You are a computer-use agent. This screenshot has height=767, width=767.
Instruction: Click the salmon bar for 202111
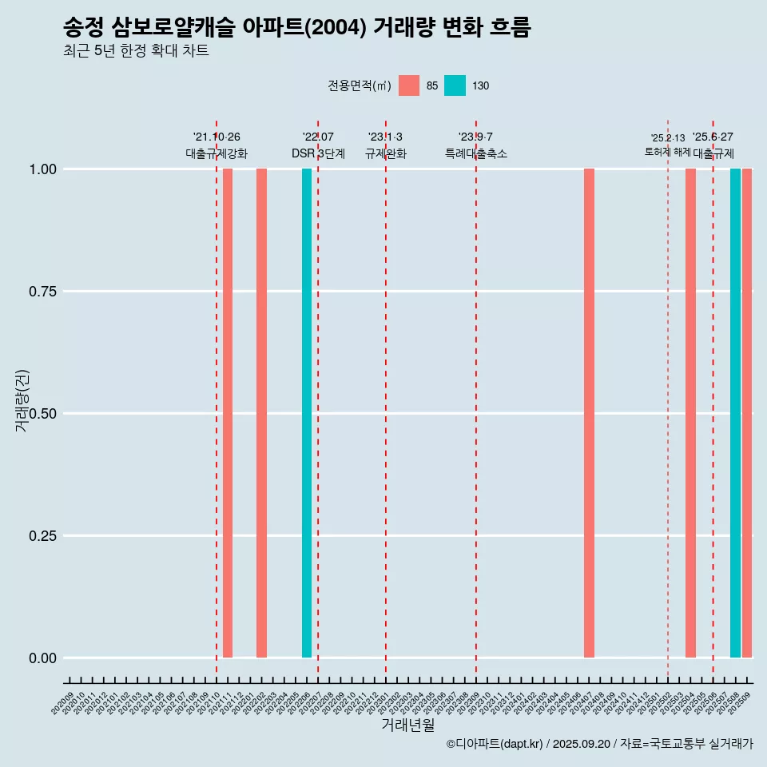[228, 413]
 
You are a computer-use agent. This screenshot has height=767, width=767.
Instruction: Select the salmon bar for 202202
[261, 413]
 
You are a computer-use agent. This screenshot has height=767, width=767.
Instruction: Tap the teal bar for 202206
[307, 413]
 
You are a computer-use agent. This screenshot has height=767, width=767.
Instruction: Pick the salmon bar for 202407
[589, 413]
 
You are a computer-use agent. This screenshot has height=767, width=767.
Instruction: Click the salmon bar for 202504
[690, 413]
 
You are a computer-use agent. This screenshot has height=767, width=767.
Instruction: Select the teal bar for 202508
[735, 413]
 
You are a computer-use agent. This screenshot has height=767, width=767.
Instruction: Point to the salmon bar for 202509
[747, 413]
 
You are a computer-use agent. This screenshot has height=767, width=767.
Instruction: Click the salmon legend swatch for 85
[409, 85]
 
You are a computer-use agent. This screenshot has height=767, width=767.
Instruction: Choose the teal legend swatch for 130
[455, 85]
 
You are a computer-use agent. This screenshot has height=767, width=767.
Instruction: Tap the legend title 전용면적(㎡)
[359, 85]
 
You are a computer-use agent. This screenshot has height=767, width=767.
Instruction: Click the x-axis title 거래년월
[408, 725]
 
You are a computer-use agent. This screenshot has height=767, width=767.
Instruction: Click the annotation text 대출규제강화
[217, 153]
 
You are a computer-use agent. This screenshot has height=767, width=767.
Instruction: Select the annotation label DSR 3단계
[318, 153]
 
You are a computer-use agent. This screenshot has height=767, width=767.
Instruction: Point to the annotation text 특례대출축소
[476, 153]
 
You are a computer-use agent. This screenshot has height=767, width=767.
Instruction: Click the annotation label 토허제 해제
[667, 152]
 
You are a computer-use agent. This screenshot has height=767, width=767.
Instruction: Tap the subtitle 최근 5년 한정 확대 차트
[136, 51]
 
